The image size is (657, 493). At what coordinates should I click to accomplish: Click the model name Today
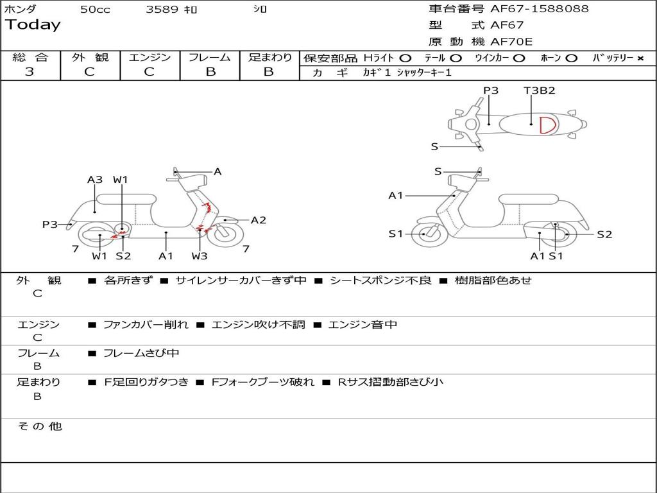(x=33, y=25)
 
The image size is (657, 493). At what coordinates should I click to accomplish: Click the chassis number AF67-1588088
(x=539, y=9)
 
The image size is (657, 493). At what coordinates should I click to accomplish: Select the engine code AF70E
(x=511, y=42)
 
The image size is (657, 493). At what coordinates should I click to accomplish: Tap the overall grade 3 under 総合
(x=30, y=72)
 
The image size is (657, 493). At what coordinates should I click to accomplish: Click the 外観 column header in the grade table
(x=90, y=57)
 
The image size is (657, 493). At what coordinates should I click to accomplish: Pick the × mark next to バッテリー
(x=640, y=58)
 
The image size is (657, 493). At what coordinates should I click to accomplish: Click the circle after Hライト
(x=405, y=58)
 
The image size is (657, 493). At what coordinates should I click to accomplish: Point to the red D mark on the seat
(x=547, y=125)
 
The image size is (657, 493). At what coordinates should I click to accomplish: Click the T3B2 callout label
(x=539, y=91)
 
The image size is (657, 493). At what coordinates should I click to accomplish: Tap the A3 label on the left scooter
(x=95, y=180)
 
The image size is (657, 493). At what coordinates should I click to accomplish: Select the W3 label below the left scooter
(x=200, y=255)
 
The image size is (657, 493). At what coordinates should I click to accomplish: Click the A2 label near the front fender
(x=258, y=220)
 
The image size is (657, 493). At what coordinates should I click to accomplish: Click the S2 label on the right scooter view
(x=604, y=235)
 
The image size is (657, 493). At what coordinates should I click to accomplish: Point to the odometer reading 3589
(x=162, y=9)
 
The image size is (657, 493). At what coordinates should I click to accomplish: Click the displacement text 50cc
(x=95, y=10)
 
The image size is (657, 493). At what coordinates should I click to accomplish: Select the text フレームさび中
(x=141, y=354)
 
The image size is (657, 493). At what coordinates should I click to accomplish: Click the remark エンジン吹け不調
(x=258, y=325)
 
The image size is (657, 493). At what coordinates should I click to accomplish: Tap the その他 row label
(x=40, y=426)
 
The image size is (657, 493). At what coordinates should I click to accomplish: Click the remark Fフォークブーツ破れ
(x=262, y=383)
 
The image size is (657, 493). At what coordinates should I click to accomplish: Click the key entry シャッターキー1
(x=424, y=73)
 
